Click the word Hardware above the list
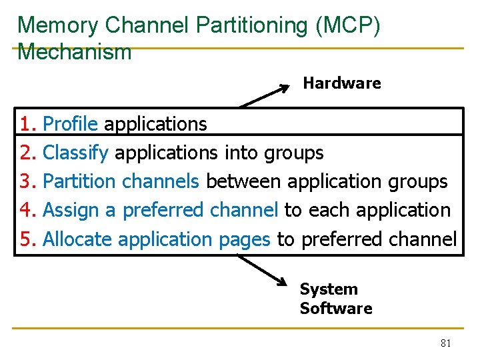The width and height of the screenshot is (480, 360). (341, 83)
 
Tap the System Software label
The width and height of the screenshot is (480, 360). (335, 299)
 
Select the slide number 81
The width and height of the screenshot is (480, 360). (446, 343)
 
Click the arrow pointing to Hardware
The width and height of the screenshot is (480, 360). (265, 95)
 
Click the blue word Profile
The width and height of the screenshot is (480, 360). (70, 124)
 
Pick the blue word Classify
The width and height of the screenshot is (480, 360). (75, 153)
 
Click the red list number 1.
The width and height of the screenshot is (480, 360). (27, 124)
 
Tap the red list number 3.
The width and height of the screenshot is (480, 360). (27, 181)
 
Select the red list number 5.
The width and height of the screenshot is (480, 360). (27, 239)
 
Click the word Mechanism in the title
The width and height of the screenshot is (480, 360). (75, 52)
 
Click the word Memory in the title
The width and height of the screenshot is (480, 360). (59, 25)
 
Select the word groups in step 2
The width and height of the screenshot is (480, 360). (293, 153)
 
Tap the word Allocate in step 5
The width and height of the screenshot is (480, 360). (77, 239)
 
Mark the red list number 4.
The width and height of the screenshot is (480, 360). (27, 210)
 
